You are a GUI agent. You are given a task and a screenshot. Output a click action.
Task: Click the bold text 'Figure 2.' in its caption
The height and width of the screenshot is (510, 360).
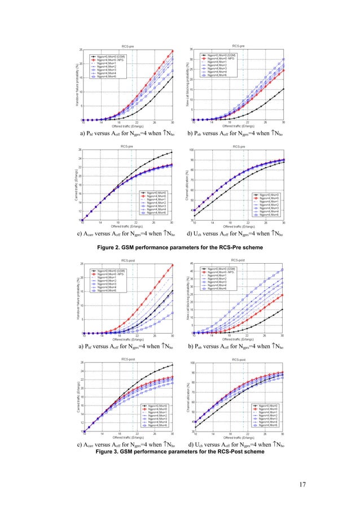click(111, 247)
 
